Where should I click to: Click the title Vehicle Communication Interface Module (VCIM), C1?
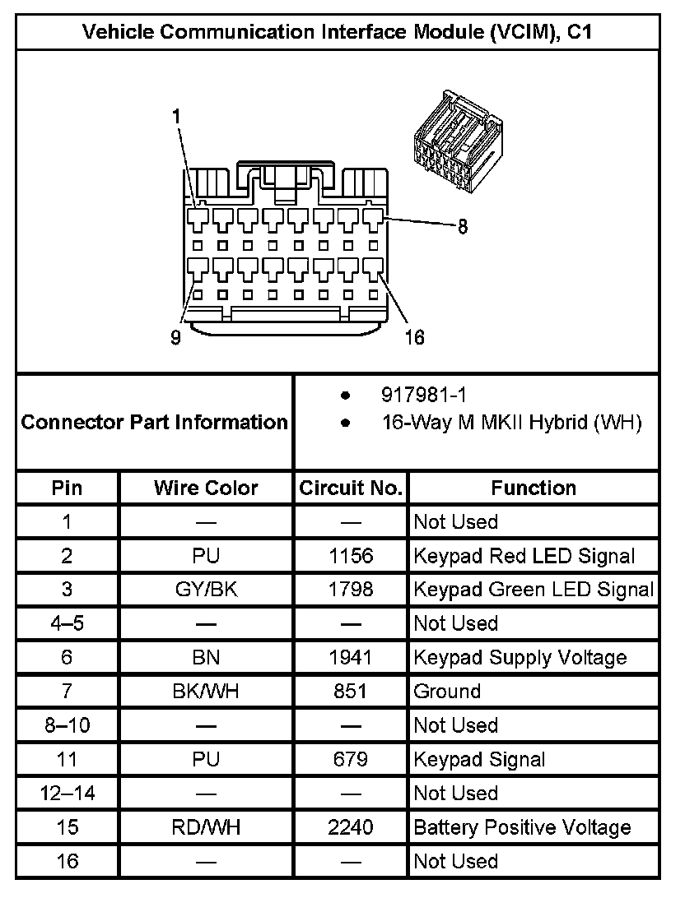click(x=338, y=32)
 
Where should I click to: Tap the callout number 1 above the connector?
click(x=176, y=117)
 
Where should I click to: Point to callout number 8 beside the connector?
click(x=463, y=228)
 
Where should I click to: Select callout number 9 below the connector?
click(x=175, y=338)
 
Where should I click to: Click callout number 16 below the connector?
click(x=415, y=338)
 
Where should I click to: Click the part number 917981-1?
click(x=425, y=396)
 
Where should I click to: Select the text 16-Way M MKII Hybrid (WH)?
click(x=510, y=423)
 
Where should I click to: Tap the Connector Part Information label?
click(x=154, y=423)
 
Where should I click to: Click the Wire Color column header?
click(x=206, y=488)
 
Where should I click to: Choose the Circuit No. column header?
click(x=351, y=488)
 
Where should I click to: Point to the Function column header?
click(x=534, y=488)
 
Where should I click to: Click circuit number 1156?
click(x=351, y=556)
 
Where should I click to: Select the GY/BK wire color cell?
click(x=206, y=590)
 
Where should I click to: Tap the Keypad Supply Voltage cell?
click(x=520, y=657)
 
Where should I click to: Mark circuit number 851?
click(x=351, y=692)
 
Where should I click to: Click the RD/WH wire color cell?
click(x=206, y=827)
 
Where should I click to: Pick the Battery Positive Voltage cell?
click(x=522, y=827)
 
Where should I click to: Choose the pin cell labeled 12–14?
click(x=67, y=794)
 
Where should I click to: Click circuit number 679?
click(x=351, y=759)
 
